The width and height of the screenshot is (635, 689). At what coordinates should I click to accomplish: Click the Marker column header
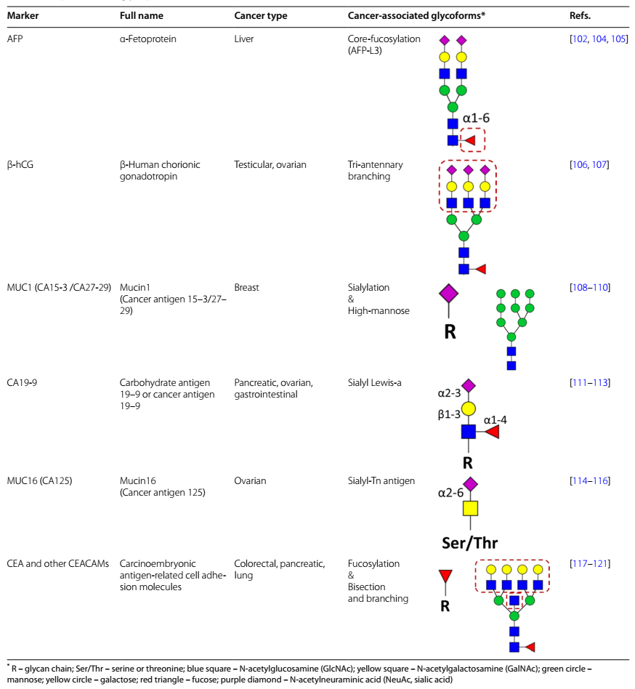[x=23, y=16]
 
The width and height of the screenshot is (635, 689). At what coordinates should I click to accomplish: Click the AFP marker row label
[x=15, y=39]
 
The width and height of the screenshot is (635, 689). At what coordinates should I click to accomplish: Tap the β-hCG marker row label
[x=20, y=165]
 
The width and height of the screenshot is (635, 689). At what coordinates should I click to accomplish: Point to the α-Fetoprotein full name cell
[x=148, y=39]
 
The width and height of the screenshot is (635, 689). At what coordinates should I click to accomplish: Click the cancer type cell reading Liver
[x=244, y=39]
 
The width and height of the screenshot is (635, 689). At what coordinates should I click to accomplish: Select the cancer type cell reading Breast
[x=247, y=288]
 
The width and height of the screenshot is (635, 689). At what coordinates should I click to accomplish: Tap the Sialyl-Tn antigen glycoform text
[x=381, y=481]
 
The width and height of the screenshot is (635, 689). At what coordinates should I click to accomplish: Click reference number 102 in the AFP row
[x=583, y=39]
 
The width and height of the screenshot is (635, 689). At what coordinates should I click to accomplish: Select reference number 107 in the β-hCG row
[x=600, y=165]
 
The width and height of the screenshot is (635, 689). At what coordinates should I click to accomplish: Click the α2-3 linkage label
[x=449, y=393]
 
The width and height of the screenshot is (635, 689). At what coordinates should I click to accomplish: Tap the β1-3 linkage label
[x=449, y=414]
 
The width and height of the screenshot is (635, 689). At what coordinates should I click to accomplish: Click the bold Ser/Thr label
[x=469, y=542]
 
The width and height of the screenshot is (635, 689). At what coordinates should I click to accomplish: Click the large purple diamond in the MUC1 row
[x=449, y=293]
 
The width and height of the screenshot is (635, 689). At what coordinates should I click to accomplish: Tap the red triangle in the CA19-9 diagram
[x=492, y=432]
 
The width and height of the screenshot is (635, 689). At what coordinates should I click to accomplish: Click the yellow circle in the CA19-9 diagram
[x=469, y=408]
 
